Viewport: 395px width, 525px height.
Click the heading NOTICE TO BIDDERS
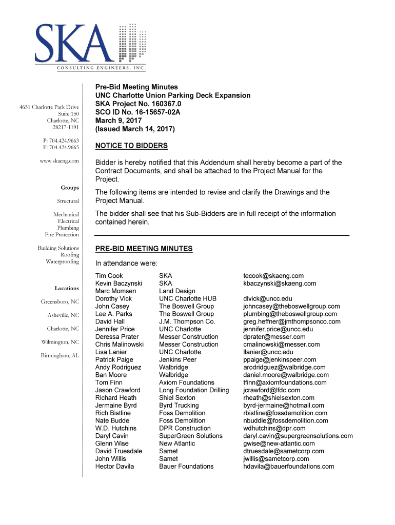(131, 146)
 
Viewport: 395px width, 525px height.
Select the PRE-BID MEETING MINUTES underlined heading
(144, 249)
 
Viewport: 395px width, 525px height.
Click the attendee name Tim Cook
(109, 276)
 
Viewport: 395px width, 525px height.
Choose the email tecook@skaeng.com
(273, 276)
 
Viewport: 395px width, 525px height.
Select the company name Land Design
(177, 291)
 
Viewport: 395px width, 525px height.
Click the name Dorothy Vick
(113, 299)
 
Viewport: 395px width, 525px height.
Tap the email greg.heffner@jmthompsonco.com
(292, 321)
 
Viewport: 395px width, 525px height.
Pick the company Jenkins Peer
(177, 360)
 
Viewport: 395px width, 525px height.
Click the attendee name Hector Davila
(114, 467)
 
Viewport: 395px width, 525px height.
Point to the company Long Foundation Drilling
(194, 390)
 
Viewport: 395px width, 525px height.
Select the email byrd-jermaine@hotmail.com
(284, 406)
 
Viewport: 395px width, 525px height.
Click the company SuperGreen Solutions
(191, 436)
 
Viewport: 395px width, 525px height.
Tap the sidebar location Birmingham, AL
(60, 355)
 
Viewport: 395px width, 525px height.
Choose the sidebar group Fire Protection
(62, 235)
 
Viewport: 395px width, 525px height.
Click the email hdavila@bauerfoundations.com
(289, 467)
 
